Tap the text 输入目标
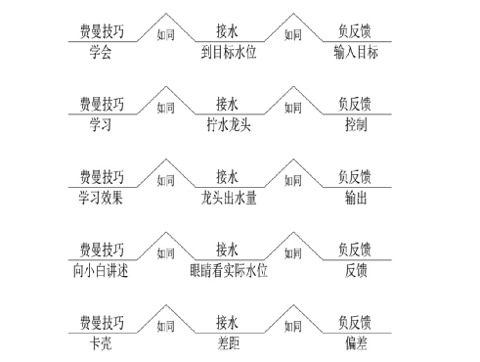tap(355, 52)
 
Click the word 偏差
tap(355, 342)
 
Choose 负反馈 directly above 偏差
tap(355, 323)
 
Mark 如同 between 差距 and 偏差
tap(292, 325)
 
